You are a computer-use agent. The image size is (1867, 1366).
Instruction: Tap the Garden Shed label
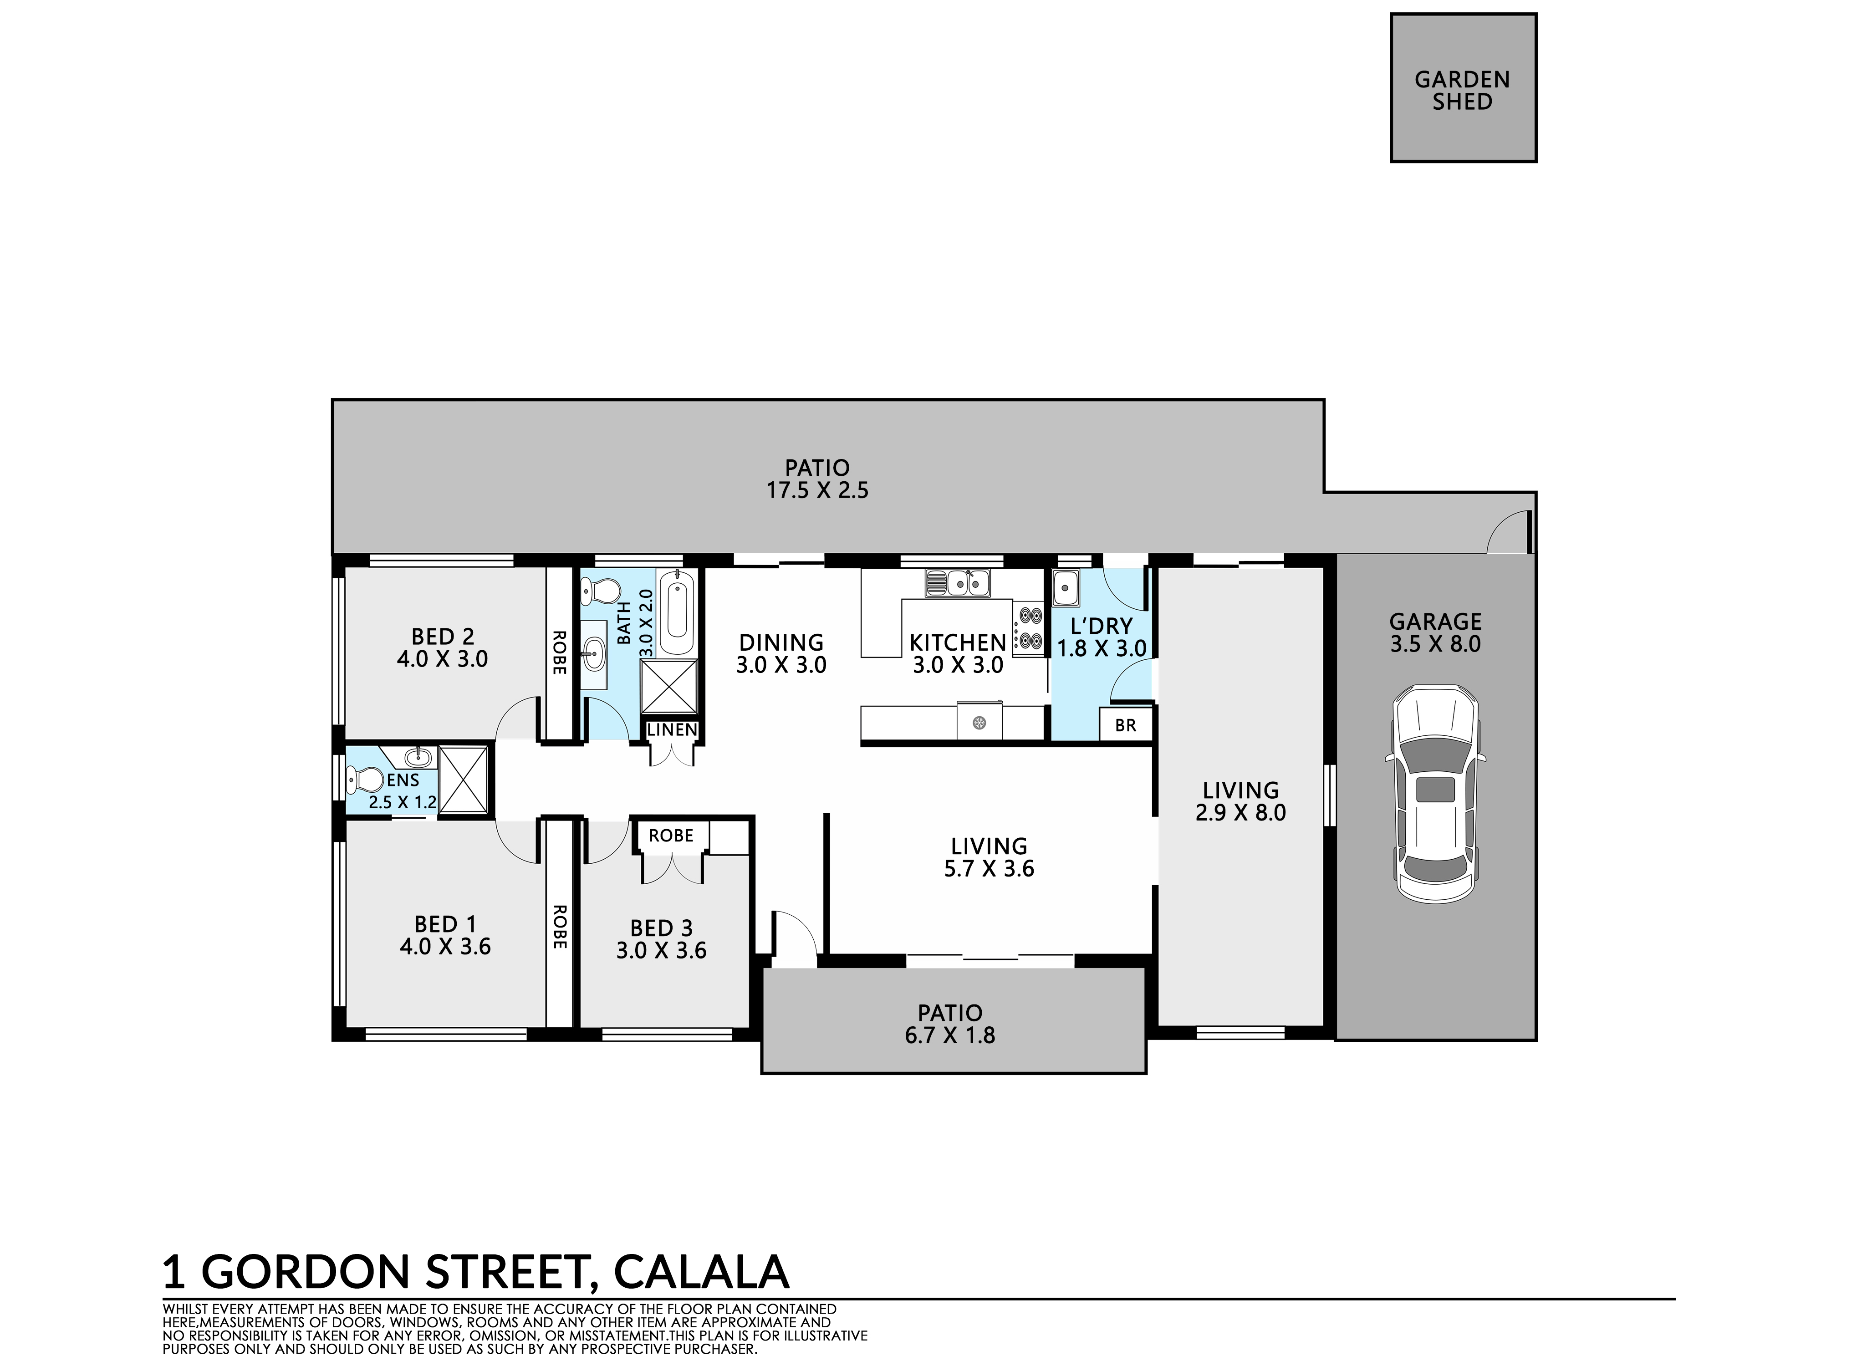pos(1462,91)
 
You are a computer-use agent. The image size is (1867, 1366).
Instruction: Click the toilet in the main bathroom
pos(600,591)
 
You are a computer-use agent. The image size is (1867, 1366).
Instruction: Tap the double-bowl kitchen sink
pos(958,583)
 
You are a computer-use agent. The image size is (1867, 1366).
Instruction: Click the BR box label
pos(1125,725)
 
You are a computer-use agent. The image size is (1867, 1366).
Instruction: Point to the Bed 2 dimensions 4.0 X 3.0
pos(442,659)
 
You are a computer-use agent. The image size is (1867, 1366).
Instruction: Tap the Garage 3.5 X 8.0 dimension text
pos(1435,643)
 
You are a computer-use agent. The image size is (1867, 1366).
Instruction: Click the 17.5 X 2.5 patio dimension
pos(817,490)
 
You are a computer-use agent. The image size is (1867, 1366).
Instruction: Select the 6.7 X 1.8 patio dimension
pos(950,1035)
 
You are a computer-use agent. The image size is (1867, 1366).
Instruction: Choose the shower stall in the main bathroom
pos(670,686)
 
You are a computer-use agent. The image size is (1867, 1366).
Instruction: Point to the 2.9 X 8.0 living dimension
pos(1240,813)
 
